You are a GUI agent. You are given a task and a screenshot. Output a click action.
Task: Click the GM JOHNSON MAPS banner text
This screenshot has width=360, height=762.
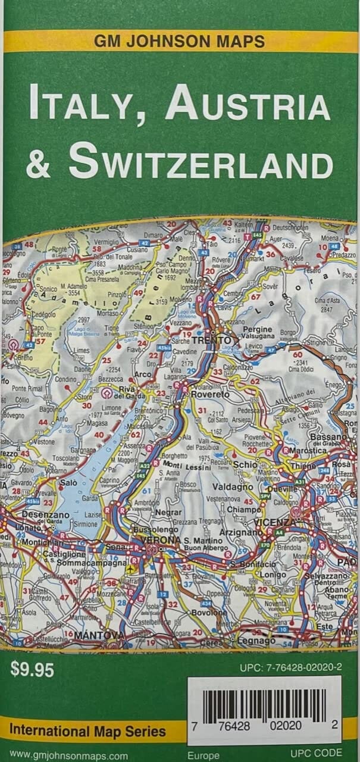coord(179,42)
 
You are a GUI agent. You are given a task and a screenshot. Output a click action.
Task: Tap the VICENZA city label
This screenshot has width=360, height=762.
coord(274,522)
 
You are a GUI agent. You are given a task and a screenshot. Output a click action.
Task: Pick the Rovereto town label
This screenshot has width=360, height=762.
coord(209,394)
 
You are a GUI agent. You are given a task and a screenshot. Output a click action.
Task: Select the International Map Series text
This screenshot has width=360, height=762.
coord(87,731)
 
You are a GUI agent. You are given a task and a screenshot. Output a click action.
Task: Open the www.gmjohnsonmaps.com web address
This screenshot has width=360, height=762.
coord(69,755)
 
